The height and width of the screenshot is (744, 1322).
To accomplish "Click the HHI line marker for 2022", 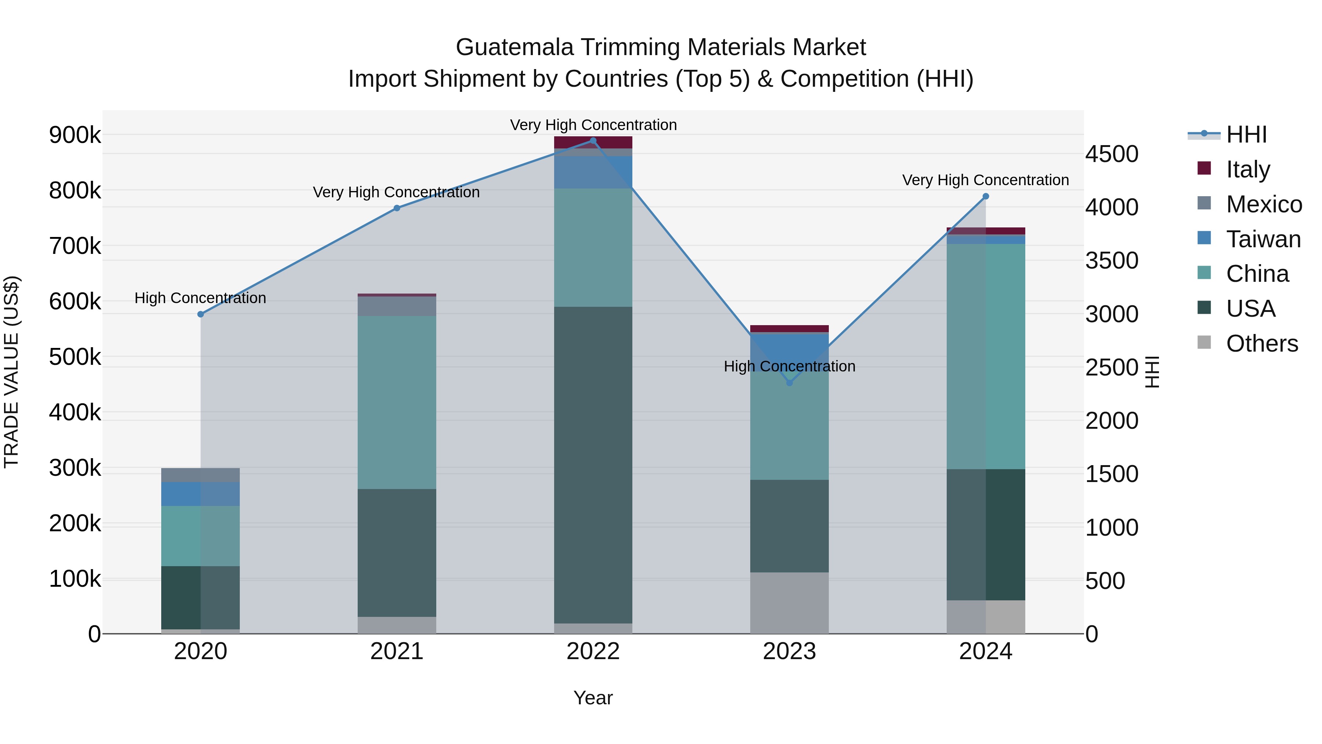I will click(x=593, y=141).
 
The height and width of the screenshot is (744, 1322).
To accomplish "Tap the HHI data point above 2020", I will click(x=201, y=314).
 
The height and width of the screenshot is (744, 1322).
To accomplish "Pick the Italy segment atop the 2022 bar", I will click(x=593, y=142).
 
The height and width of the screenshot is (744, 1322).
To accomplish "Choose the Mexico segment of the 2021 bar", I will click(x=397, y=306).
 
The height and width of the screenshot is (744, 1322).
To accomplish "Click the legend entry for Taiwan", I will click(x=1263, y=239).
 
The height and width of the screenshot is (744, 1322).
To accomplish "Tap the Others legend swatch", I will click(x=1204, y=342).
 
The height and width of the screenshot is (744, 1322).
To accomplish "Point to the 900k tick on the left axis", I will click(x=75, y=136).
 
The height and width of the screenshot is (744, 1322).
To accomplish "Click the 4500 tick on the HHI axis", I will click(x=1112, y=154).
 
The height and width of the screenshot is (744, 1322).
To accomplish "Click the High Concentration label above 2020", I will click(x=200, y=298).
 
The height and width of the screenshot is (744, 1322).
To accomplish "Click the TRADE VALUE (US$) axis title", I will click(x=11, y=372).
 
